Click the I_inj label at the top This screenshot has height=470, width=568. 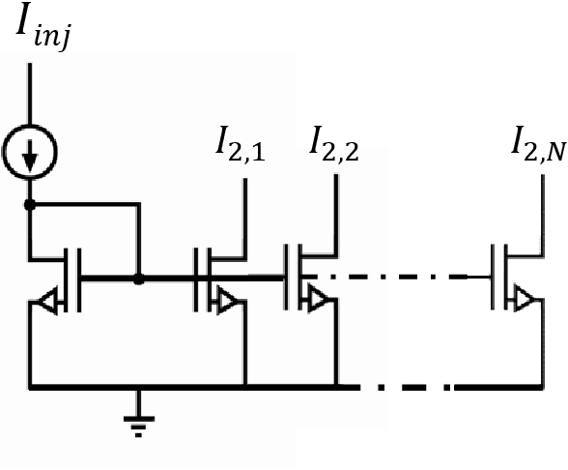pos(39,33)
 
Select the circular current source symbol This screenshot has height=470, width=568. pos(30,152)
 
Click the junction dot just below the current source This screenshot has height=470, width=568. pos(30,206)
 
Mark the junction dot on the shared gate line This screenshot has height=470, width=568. pos(139,279)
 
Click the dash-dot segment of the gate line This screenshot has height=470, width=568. pos(406,279)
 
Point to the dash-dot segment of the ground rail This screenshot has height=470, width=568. pos(406,388)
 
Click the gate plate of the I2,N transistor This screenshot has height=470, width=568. pos(494,279)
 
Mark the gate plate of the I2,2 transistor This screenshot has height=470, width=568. pos(287,279)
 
